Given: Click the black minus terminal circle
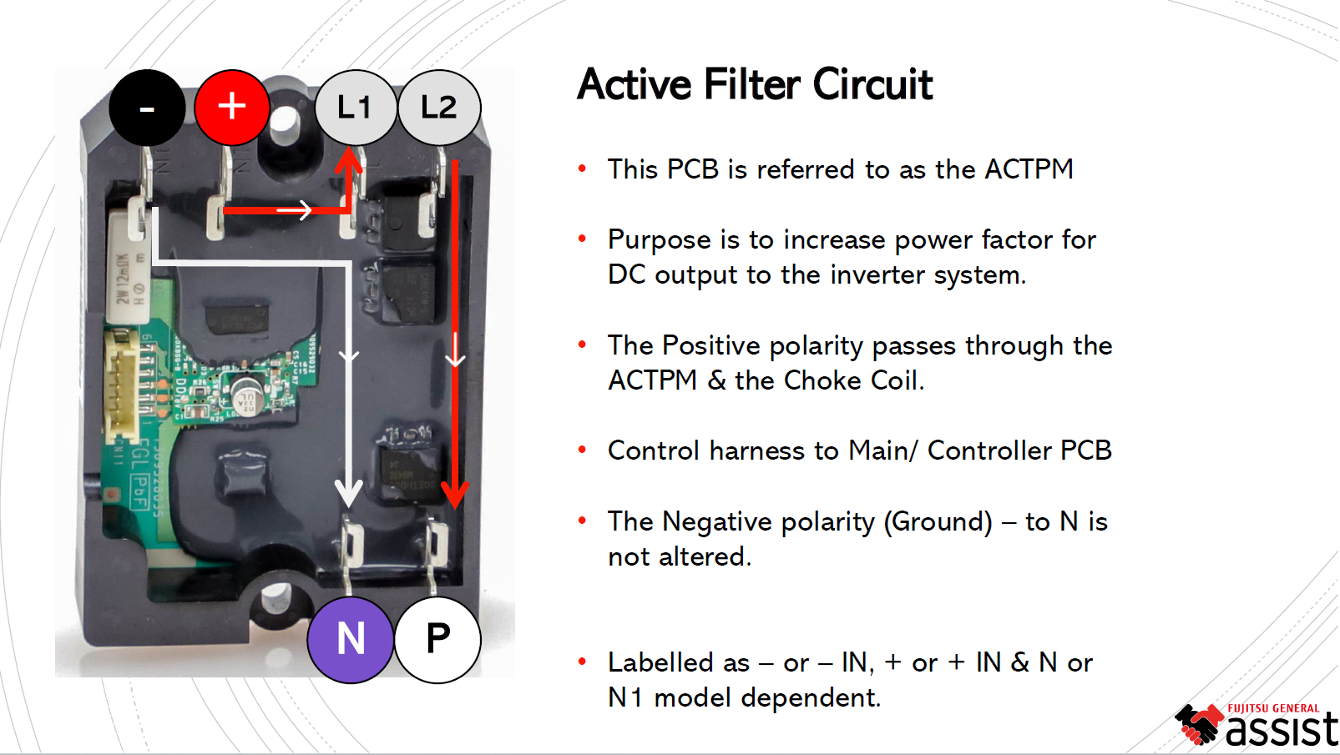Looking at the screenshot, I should coord(147,108).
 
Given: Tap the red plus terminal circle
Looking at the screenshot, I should coord(232,108).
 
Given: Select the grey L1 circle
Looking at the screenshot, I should coord(355,108).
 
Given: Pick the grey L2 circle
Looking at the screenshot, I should coord(439,108).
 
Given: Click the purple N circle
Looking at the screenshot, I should coord(351,639).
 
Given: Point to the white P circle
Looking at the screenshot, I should coord(437,639).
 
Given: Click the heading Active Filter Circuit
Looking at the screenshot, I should coord(754,84).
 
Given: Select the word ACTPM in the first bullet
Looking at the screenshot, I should coord(1029,169).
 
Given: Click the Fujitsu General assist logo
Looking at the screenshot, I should coord(1256,725).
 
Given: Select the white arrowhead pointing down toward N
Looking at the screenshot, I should coord(349,493).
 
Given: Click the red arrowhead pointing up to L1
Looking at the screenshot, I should coord(349,159).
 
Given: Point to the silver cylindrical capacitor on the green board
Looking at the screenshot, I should coord(246,395).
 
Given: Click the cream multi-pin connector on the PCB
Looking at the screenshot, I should coord(123,384).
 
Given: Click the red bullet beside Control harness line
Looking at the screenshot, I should coord(582,450).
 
